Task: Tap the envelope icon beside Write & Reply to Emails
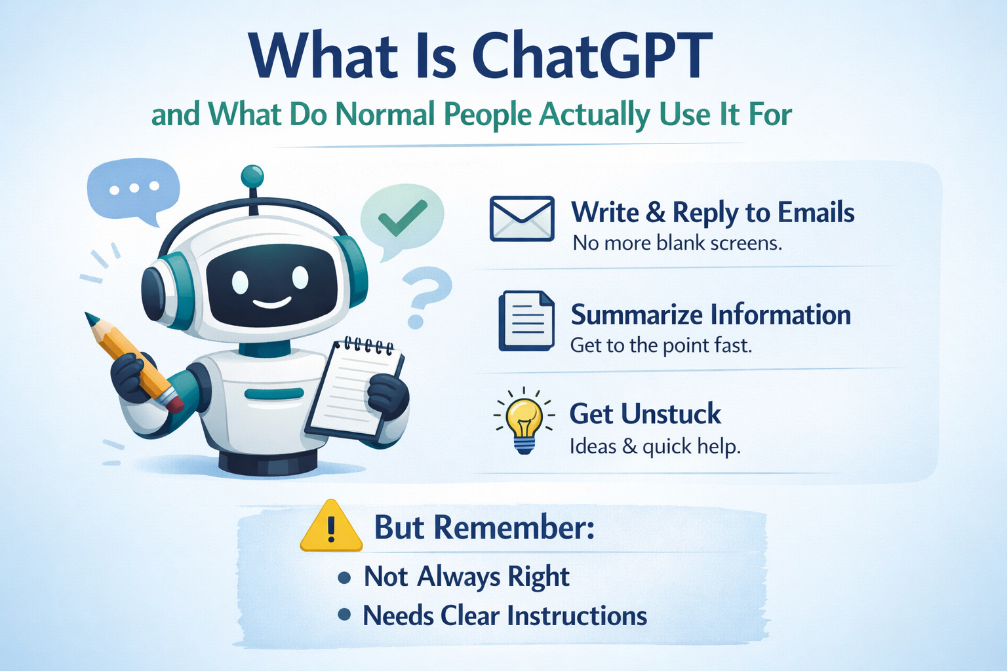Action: pos(522,219)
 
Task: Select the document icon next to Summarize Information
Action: pos(526,321)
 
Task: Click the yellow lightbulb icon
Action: pos(524,419)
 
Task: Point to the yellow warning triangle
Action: pos(331,528)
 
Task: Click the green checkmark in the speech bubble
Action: pos(402,217)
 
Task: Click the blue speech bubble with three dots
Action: pos(133,189)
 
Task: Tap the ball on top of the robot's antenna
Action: pos(252,176)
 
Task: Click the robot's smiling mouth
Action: pos(271,303)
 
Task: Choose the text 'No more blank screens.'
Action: pos(677,243)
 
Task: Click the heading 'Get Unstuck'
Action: pos(645,414)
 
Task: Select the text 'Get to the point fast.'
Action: pos(661,345)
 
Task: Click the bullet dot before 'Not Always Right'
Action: pos(344,577)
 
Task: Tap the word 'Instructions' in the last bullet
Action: pos(577,616)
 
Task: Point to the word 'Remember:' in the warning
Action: pos(514,527)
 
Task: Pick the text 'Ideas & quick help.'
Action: pos(655,447)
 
